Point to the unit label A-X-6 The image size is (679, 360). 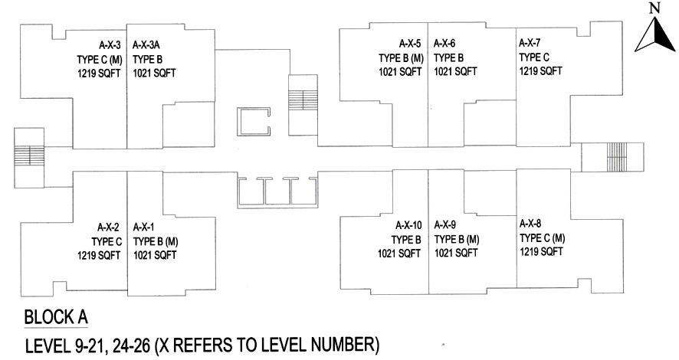445,44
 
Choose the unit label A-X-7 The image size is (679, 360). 530,43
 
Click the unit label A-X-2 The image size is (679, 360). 109,227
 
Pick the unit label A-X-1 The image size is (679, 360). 144,227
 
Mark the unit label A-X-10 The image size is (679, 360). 408,225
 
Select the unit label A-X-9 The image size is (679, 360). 445,225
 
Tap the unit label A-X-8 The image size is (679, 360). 530,223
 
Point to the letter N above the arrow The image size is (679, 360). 654,8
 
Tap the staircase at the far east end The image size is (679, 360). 617,157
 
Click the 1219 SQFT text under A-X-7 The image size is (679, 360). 541,70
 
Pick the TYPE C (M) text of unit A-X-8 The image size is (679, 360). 542,237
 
